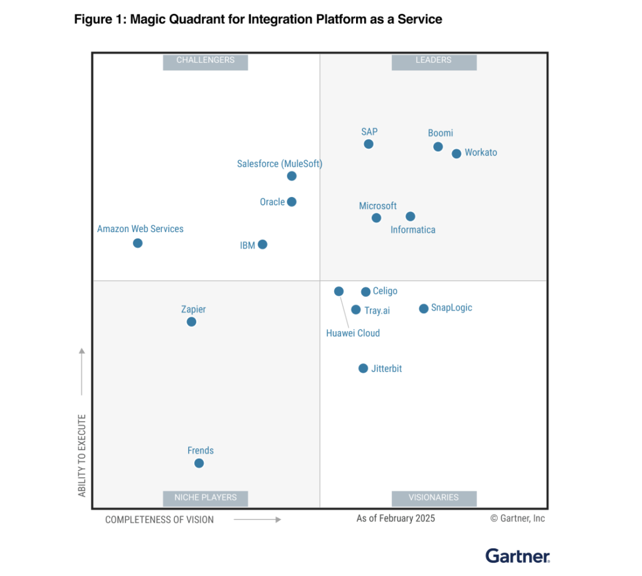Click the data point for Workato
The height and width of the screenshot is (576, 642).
[x=456, y=154]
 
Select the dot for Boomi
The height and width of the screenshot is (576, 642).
[x=438, y=147]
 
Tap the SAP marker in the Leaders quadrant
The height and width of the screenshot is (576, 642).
[x=369, y=144]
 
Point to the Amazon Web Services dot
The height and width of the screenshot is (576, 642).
[x=138, y=243]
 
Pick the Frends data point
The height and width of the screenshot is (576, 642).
[x=199, y=463]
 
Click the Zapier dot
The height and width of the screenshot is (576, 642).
[x=191, y=322]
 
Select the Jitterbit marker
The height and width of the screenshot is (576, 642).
[x=363, y=368]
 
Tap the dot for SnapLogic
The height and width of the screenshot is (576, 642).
[x=424, y=309]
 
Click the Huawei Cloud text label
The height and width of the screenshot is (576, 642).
[x=353, y=333]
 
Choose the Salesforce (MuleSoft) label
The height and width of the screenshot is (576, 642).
[x=280, y=164]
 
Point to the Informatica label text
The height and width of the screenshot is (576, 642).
[x=413, y=230]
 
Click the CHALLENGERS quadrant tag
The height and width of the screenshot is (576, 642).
[x=206, y=61]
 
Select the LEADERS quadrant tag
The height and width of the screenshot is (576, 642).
[x=434, y=61]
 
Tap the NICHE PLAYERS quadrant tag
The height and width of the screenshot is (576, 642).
[x=206, y=498]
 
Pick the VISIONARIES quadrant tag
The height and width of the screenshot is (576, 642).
[x=434, y=498]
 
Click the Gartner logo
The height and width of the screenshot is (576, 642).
[x=518, y=555]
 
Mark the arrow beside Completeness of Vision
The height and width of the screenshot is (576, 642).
[x=257, y=520]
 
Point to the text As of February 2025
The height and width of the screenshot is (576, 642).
[x=396, y=518]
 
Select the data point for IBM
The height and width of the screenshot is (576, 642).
[x=263, y=245]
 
